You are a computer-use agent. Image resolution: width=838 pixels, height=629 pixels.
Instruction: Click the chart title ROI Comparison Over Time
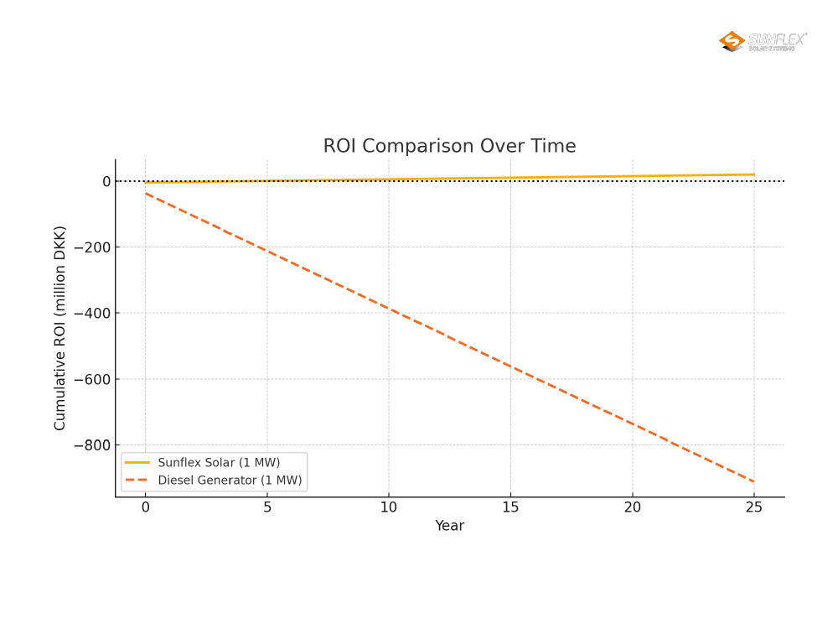(449, 146)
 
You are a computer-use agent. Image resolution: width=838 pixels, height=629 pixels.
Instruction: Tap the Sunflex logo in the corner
(763, 41)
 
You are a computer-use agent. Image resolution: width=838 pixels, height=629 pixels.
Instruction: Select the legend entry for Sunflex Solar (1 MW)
(219, 462)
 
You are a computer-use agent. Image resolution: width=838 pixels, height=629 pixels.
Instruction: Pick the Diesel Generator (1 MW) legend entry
(230, 481)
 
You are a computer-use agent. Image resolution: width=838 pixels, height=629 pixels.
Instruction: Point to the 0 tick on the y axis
(106, 181)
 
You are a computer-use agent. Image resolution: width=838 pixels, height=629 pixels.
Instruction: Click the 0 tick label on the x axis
(145, 507)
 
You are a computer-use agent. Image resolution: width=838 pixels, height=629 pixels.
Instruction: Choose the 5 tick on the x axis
(267, 507)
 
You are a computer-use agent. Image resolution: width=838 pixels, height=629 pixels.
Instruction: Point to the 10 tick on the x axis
(389, 507)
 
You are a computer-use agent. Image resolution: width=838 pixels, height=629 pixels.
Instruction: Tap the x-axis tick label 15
(510, 507)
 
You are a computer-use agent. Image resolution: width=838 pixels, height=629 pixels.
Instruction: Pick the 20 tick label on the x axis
(633, 507)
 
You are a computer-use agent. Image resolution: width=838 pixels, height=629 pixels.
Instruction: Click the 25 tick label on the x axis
(754, 507)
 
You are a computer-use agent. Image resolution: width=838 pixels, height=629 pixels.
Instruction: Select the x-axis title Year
(449, 526)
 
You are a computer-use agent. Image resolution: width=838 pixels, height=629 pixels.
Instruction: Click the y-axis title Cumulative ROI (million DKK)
(60, 328)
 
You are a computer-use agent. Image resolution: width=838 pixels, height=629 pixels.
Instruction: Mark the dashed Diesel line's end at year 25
(754, 481)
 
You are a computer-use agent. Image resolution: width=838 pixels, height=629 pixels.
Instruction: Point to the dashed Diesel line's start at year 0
(145, 194)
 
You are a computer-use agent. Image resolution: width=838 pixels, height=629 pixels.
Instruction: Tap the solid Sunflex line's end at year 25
(754, 174)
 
